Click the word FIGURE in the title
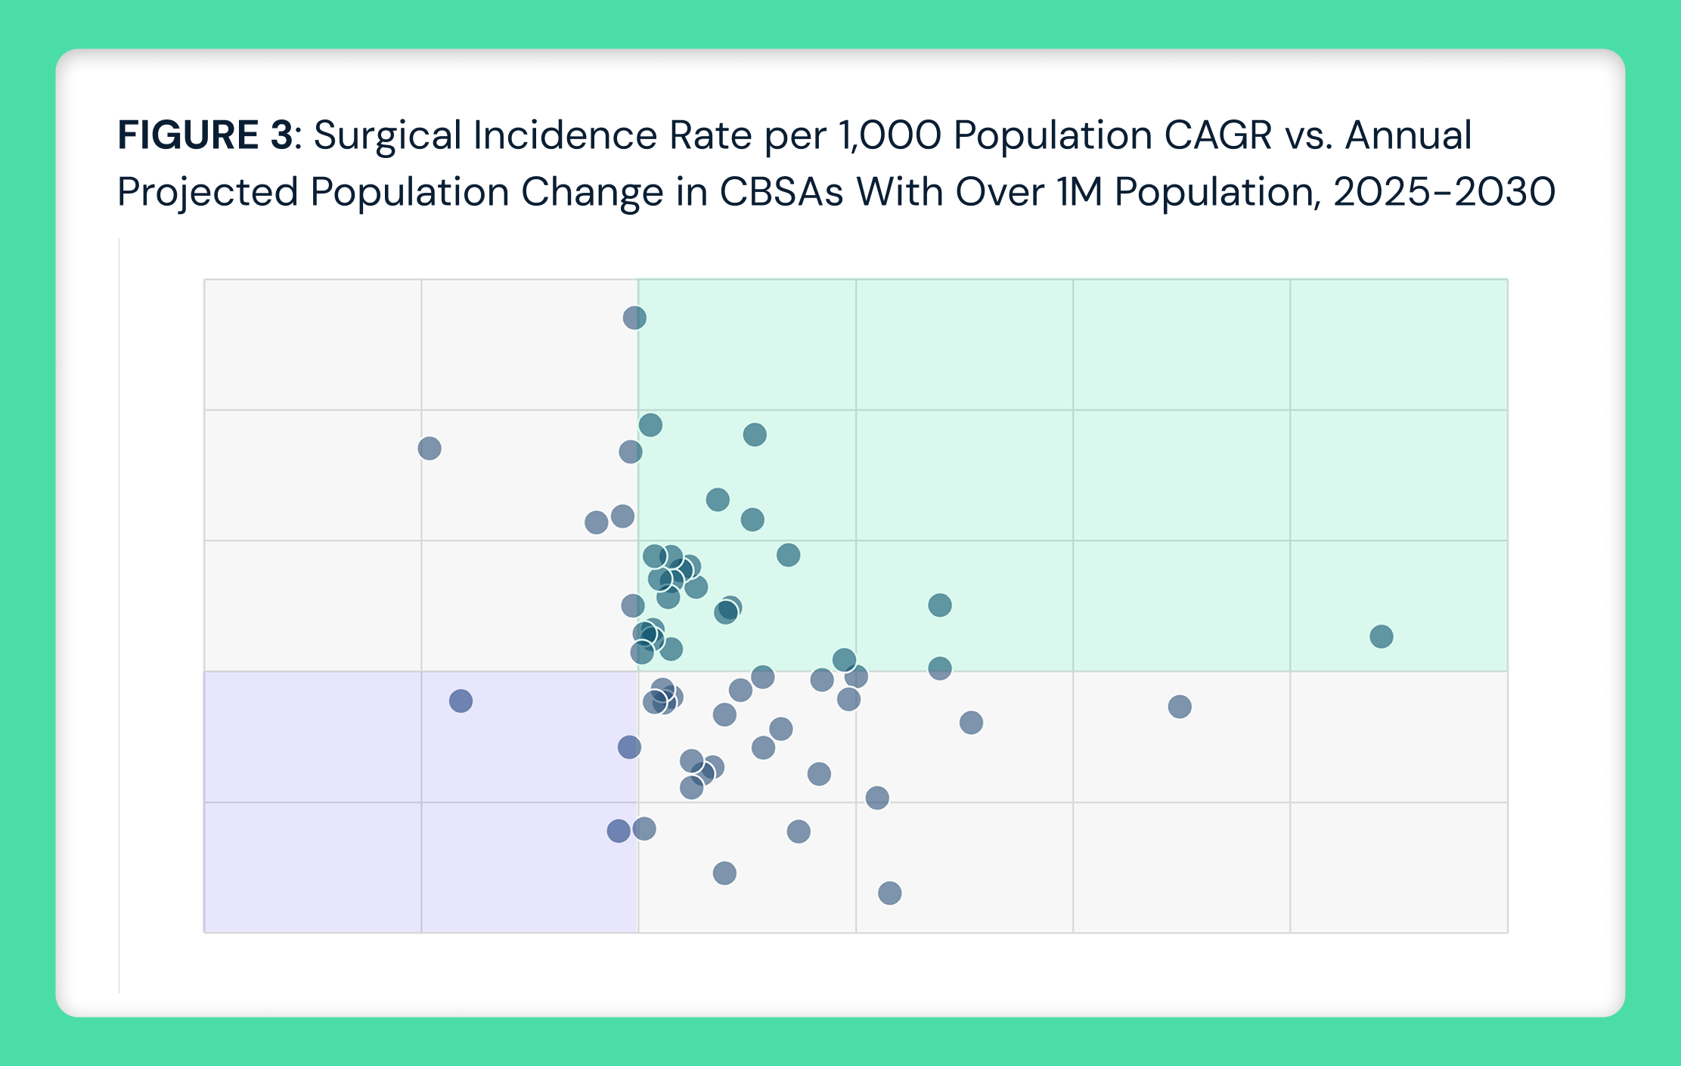[188, 136]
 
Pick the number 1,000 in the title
[889, 136]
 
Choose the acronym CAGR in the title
[1217, 136]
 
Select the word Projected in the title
[208, 193]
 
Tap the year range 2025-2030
[1444, 193]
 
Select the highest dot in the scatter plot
[634, 318]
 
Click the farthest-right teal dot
[1381, 637]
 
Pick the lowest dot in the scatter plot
[889, 893]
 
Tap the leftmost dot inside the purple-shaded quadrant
[461, 701]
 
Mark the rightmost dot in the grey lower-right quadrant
[1179, 707]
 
